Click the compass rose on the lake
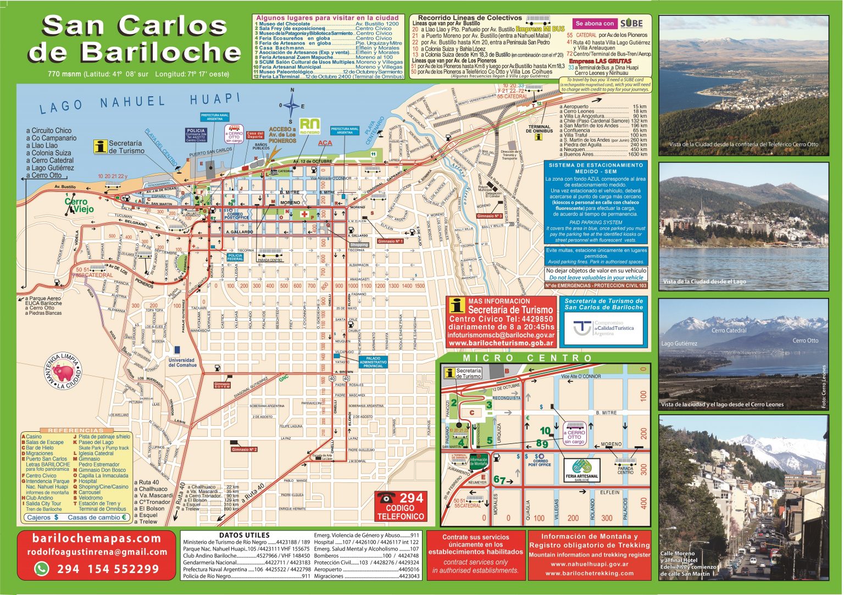[292, 105]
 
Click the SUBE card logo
[631, 24]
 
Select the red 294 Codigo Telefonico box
[401, 506]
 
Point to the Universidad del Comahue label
[182, 363]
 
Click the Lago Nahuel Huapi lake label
[140, 102]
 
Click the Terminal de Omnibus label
[539, 129]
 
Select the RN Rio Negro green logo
[309, 126]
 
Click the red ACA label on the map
[325, 143]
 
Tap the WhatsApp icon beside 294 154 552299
[42, 569]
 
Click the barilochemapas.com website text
[97, 538]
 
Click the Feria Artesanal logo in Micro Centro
[582, 470]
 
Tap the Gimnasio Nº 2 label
[245, 449]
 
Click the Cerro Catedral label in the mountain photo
[729, 330]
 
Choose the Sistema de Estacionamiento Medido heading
[596, 168]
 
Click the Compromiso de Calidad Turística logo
[604, 329]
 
